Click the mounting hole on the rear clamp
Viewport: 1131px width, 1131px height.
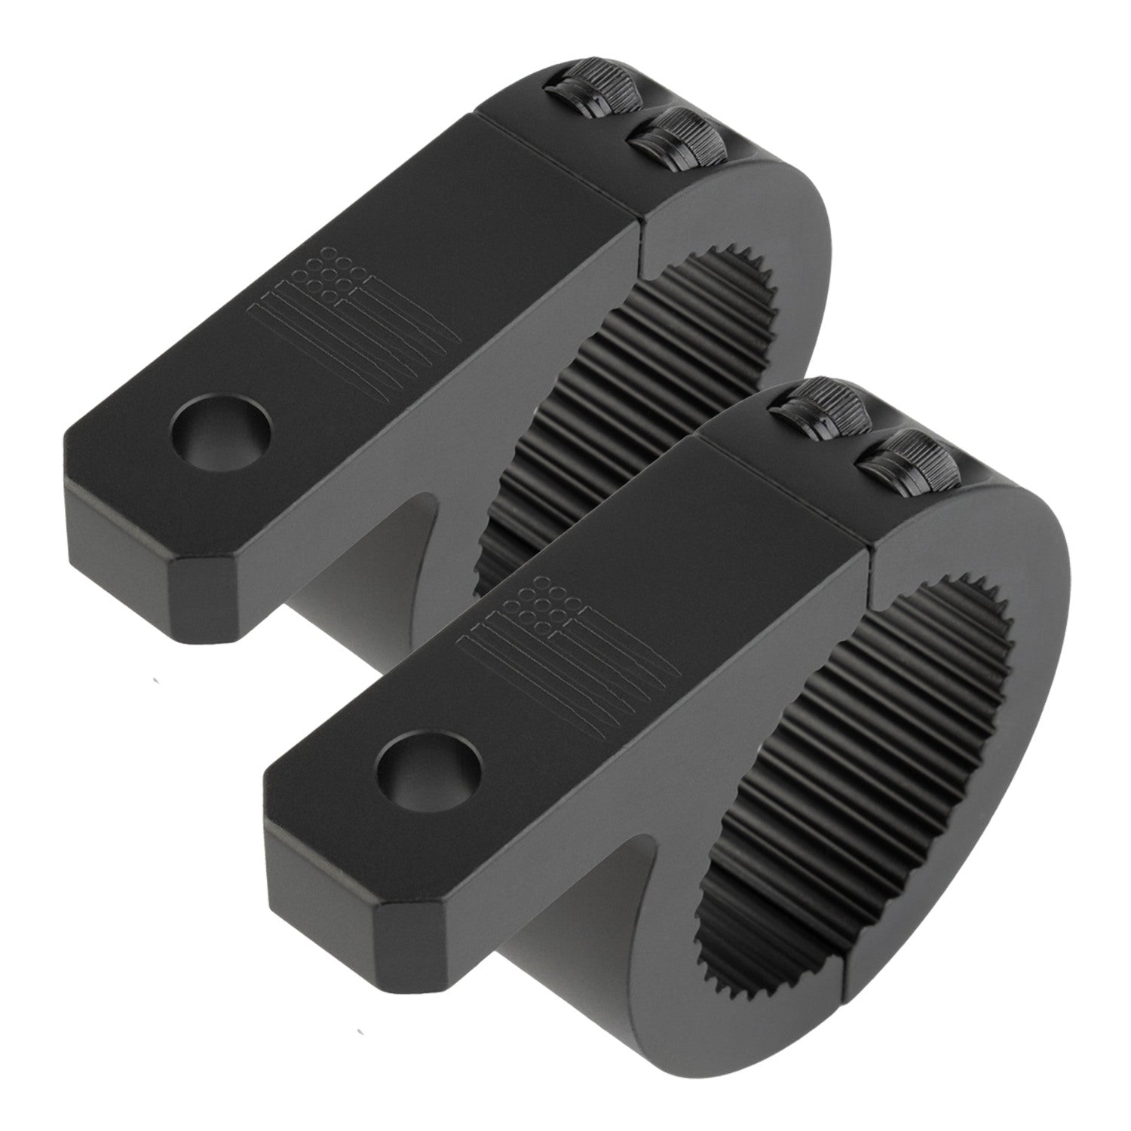(x=220, y=440)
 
